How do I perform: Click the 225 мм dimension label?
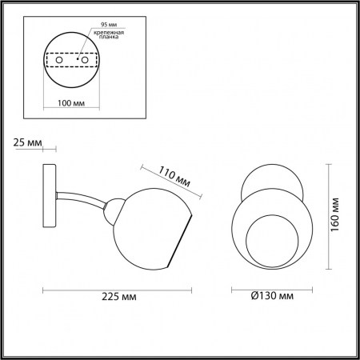pos(119,298)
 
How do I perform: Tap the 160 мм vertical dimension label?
pos(342,216)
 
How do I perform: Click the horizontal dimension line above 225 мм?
pos(119,287)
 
